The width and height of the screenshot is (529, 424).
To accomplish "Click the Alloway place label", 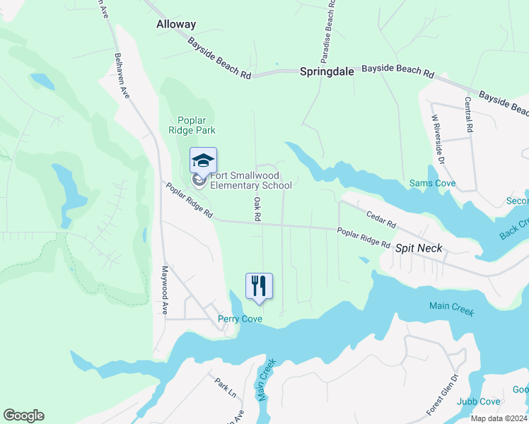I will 175,24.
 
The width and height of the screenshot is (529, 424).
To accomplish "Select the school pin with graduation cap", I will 203,162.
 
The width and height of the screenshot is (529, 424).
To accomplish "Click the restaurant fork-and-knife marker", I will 259,286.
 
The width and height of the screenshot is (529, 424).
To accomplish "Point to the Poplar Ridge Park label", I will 192,125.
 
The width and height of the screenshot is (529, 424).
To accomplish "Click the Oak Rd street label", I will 257,209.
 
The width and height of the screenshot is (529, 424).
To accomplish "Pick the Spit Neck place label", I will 419,248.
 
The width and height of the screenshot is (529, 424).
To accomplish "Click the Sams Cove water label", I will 433,184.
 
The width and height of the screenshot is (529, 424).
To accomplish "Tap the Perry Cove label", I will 240,319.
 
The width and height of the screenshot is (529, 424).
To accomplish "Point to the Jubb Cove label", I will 475,402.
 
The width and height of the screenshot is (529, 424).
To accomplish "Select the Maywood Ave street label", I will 163,290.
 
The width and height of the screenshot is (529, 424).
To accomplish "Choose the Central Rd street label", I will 468,115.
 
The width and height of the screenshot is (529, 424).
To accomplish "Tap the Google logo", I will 23,416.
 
